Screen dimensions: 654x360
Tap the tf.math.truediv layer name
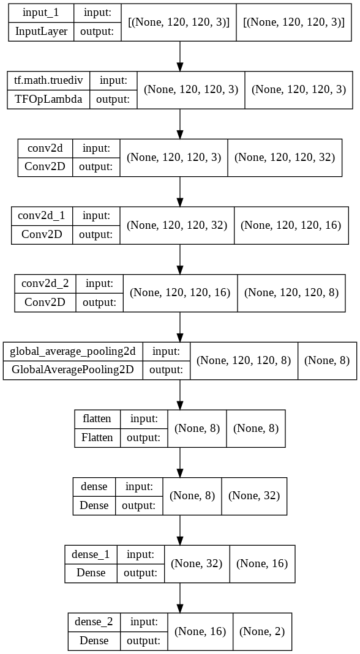[x=48, y=80]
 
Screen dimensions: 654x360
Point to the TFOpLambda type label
[x=48, y=98]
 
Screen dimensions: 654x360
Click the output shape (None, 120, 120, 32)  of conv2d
[x=285, y=157]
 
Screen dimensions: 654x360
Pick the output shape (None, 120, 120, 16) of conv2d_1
[x=291, y=225]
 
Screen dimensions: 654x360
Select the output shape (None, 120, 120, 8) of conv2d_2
[x=291, y=292]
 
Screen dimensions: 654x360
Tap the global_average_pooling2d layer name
[x=73, y=351]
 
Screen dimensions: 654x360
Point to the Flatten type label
[x=97, y=437]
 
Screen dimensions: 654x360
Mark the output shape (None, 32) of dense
[x=254, y=496]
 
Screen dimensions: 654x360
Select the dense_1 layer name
[x=91, y=554]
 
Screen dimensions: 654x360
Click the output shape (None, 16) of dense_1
[x=262, y=563]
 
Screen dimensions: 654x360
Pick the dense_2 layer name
[x=94, y=622]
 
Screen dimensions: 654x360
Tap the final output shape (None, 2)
[x=261, y=631]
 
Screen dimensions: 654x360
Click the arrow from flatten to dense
[x=180, y=461]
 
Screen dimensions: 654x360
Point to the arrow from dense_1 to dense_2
[x=180, y=596]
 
